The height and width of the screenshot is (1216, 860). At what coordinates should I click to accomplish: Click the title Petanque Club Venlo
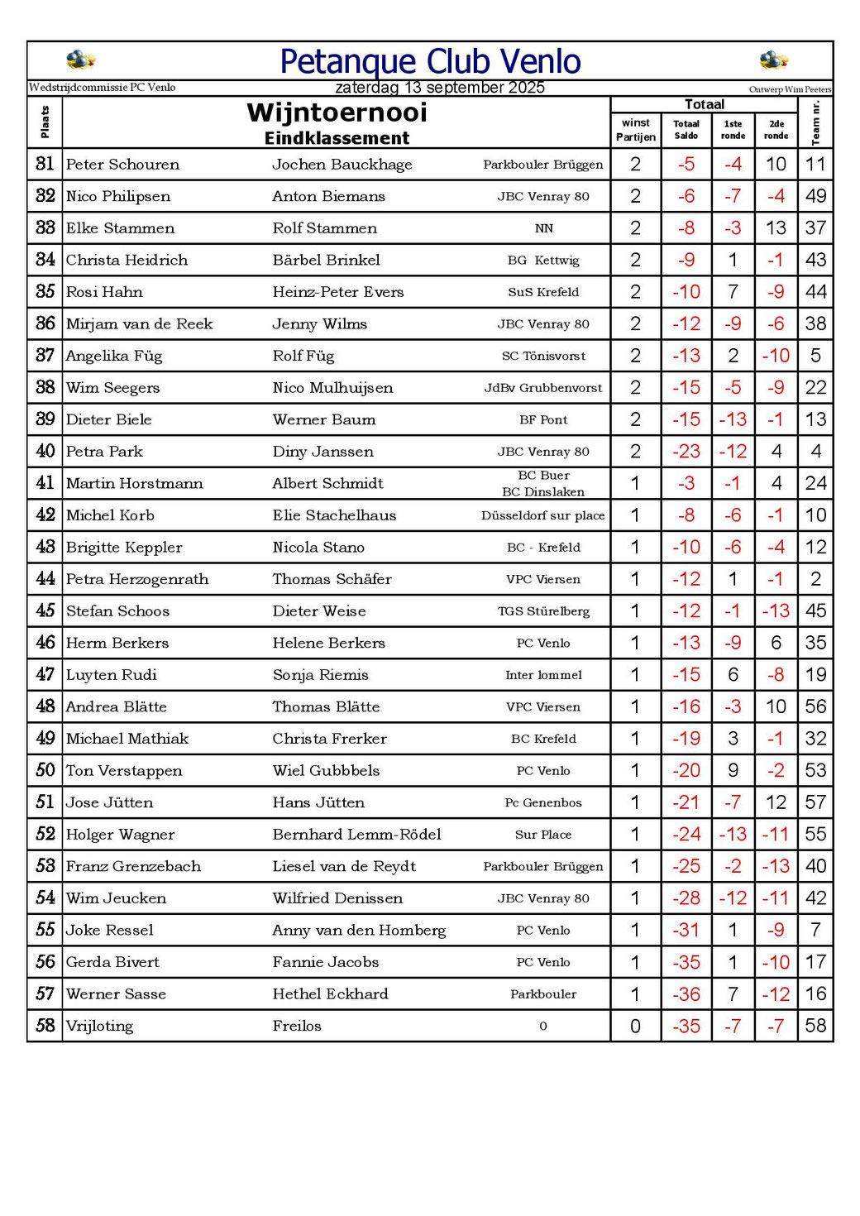tap(430, 62)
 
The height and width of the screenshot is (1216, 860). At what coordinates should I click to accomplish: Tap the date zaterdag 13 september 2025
tap(440, 88)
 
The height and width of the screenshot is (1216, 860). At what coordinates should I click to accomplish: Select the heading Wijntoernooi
tap(337, 113)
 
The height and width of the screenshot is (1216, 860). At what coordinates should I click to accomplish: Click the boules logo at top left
tap(80, 60)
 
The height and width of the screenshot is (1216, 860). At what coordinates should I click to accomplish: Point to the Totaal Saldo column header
tap(686, 130)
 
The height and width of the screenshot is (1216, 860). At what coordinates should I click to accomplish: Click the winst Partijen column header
tap(636, 130)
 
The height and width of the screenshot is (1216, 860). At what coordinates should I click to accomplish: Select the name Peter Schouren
tap(122, 165)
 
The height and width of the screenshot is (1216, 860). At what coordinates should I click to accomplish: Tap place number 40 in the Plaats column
tap(45, 452)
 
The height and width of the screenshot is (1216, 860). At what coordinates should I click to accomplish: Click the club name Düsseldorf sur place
tap(543, 515)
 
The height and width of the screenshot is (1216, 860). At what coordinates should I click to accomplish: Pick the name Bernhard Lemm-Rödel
tap(357, 835)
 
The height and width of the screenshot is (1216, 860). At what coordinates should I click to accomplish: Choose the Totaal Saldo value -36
tap(686, 994)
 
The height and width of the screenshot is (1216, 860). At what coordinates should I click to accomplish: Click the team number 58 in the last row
tap(815, 1027)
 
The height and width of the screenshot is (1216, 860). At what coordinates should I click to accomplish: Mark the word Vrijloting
tap(99, 1027)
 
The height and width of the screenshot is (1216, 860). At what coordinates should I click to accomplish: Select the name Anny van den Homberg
tap(359, 931)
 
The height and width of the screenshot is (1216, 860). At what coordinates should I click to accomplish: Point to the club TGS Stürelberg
tap(543, 611)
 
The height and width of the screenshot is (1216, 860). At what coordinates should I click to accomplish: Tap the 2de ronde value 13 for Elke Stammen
tap(776, 228)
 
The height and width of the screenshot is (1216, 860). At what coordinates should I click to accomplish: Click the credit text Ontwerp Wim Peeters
tap(790, 89)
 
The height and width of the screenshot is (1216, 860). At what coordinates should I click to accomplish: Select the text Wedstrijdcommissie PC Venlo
tap(102, 88)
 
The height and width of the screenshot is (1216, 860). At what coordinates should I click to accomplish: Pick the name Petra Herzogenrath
tap(137, 579)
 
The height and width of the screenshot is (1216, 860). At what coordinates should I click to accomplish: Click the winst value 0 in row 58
tap(635, 1027)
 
